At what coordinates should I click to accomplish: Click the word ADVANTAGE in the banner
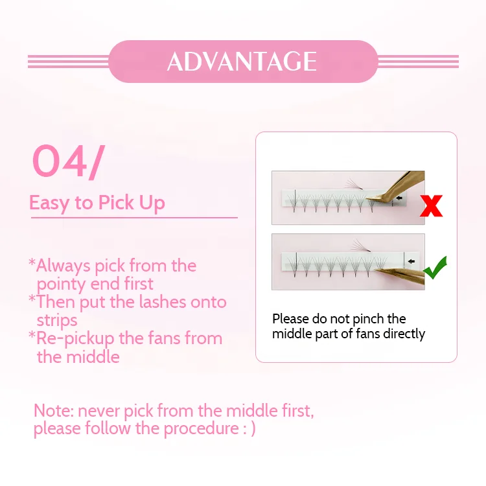click(x=242, y=62)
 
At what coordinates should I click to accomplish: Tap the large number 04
click(x=59, y=161)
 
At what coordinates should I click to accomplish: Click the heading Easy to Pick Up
click(x=97, y=203)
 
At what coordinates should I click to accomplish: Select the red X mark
click(x=431, y=205)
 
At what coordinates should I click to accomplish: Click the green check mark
click(x=435, y=268)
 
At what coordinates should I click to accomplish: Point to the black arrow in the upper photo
click(x=399, y=198)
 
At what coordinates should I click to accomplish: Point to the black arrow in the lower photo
click(x=411, y=261)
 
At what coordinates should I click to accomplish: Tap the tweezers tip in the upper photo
click(x=366, y=200)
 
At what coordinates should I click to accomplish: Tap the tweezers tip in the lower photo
click(x=376, y=270)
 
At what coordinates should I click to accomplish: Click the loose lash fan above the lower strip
click(x=361, y=246)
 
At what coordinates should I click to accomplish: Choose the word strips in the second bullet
click(x=57, y=321)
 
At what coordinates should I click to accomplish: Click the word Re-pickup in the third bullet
click(x=75, y=339)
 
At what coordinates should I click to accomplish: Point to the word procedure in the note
click(x=201, y=429)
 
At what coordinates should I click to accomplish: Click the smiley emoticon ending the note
click(x=249, y=429)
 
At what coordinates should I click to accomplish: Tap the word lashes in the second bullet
click(x=163, y=302)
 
